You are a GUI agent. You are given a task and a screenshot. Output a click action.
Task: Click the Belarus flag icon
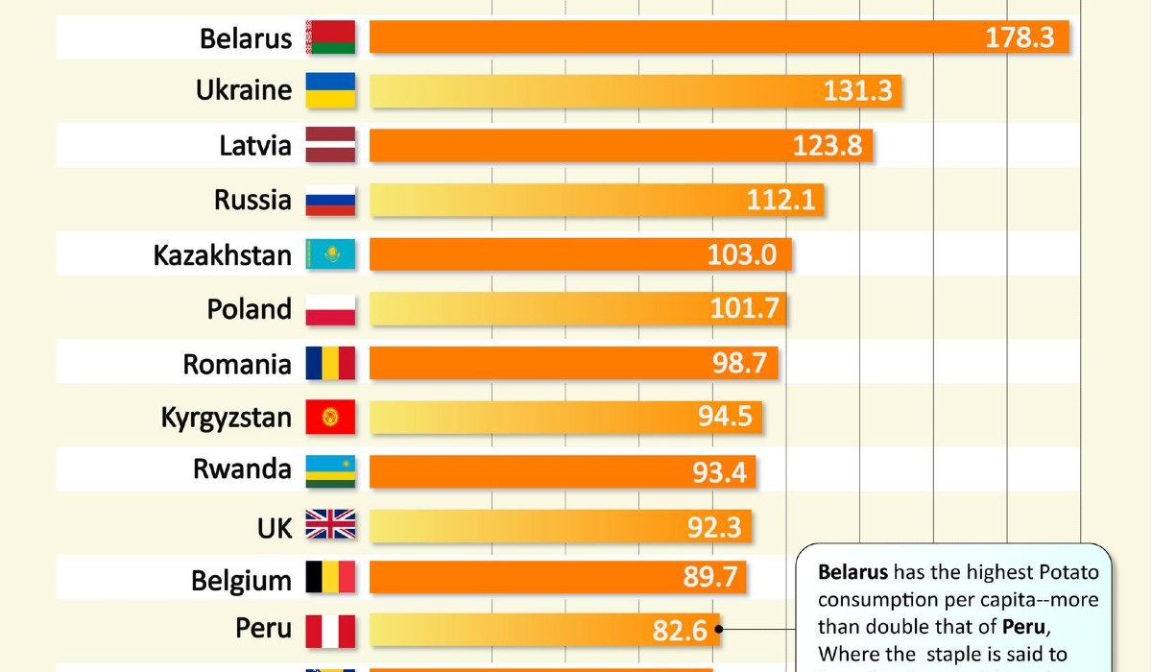point(330,37)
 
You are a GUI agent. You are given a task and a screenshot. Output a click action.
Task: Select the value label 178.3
point(1020,37)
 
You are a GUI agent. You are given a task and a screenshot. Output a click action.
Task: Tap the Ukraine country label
point(244,90)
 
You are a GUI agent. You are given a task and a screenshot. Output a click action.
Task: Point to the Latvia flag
point(330,146)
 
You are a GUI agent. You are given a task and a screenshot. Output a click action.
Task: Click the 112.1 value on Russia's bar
point(780,200)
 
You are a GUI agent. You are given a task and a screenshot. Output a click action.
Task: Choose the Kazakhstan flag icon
point(330,254)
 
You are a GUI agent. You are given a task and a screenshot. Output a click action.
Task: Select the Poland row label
point(250,309)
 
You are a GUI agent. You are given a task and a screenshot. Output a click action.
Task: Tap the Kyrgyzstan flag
point(330,418)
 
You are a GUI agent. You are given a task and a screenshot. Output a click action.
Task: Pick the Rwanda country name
point(242,469)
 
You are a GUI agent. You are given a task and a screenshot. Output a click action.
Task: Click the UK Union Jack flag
point(330,524)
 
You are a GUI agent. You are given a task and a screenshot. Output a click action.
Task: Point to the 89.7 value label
point(709,578)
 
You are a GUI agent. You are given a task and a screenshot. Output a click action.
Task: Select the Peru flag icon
point(330,631)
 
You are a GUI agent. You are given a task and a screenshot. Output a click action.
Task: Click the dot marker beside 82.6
point(719,631)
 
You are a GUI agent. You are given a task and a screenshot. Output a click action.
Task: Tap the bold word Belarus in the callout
point(852,573)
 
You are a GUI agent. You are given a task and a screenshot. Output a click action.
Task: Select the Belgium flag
point(330,578)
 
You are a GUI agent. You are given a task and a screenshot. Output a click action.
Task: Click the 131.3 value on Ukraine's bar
point(857,90)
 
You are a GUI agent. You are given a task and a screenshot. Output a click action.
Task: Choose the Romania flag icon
point(330,364)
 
